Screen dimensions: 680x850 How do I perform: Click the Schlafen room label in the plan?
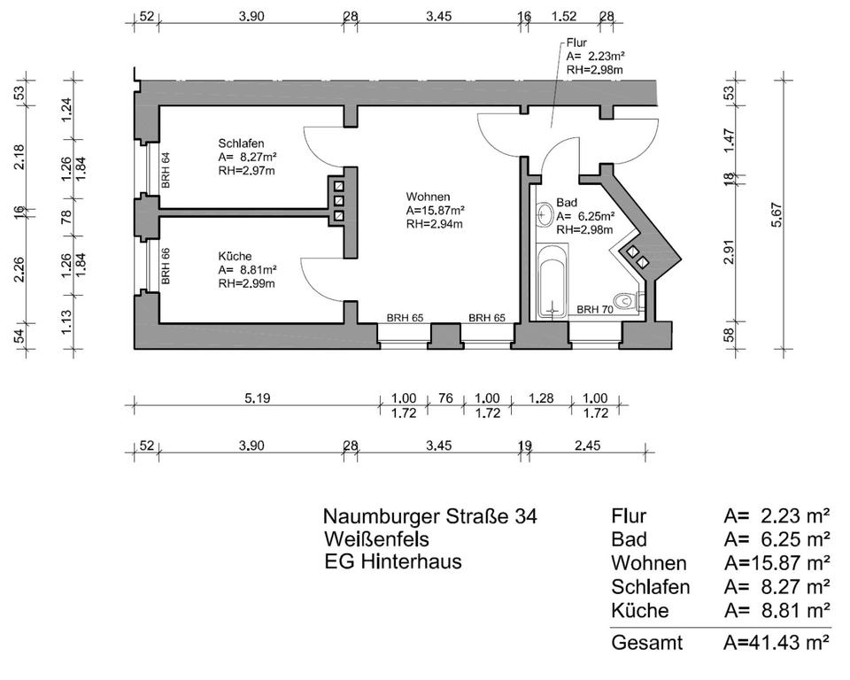point(242,143)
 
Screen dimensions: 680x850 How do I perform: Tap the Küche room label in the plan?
point(235,256)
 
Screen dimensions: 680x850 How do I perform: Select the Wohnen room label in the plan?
point(429,196)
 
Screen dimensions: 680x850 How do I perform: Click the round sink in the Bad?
point(542,213)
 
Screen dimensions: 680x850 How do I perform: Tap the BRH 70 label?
point(596,310)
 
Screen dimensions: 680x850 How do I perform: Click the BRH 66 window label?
point(166,266)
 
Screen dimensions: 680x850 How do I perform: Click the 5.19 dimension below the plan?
point(257,398)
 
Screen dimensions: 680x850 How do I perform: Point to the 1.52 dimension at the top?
point(564,16)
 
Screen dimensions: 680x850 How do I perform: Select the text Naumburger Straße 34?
point(429,516)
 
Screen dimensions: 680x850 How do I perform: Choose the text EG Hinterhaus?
point(392,561)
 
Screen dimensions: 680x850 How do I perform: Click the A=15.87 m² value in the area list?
point(777,563)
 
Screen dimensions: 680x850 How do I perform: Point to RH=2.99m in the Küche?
point(246,283)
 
